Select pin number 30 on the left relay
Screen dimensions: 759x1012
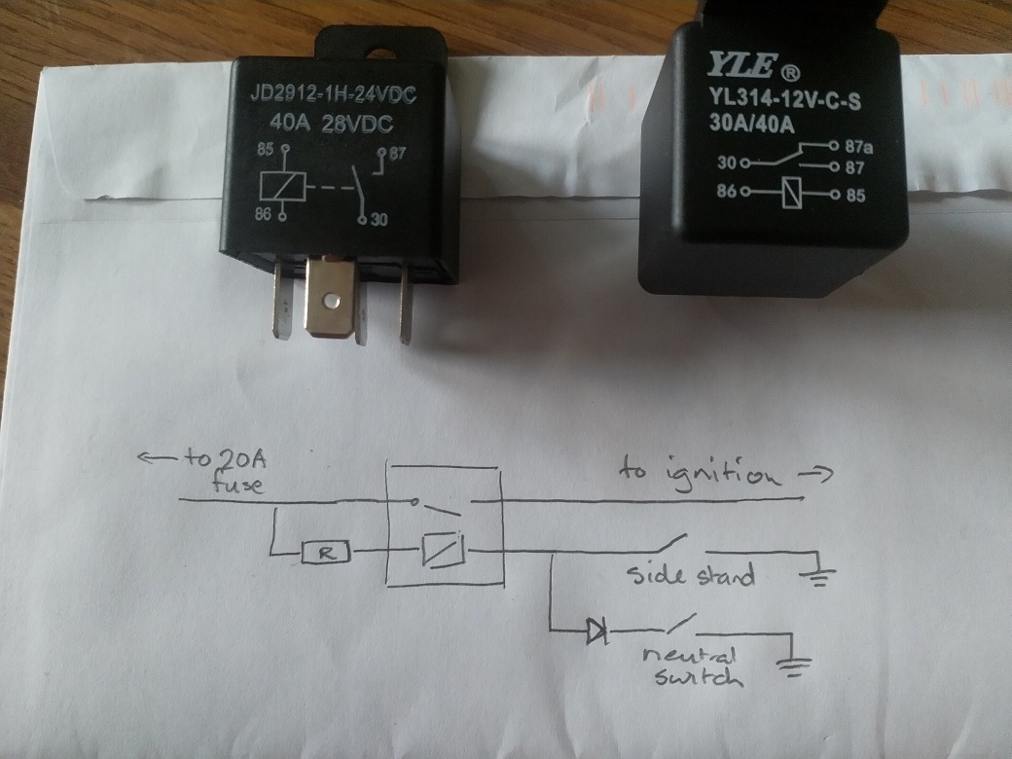pyautogui.click(x=379, y=220)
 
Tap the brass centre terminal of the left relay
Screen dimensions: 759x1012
pyautogui.click(x=331, y=302)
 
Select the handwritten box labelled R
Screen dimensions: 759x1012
pyautogui.click(x=324, y=553)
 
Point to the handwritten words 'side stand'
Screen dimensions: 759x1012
pyautogui.click(x=688, y=574)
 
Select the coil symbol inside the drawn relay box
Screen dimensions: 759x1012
pyautogui.click(x=444, y=552)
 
